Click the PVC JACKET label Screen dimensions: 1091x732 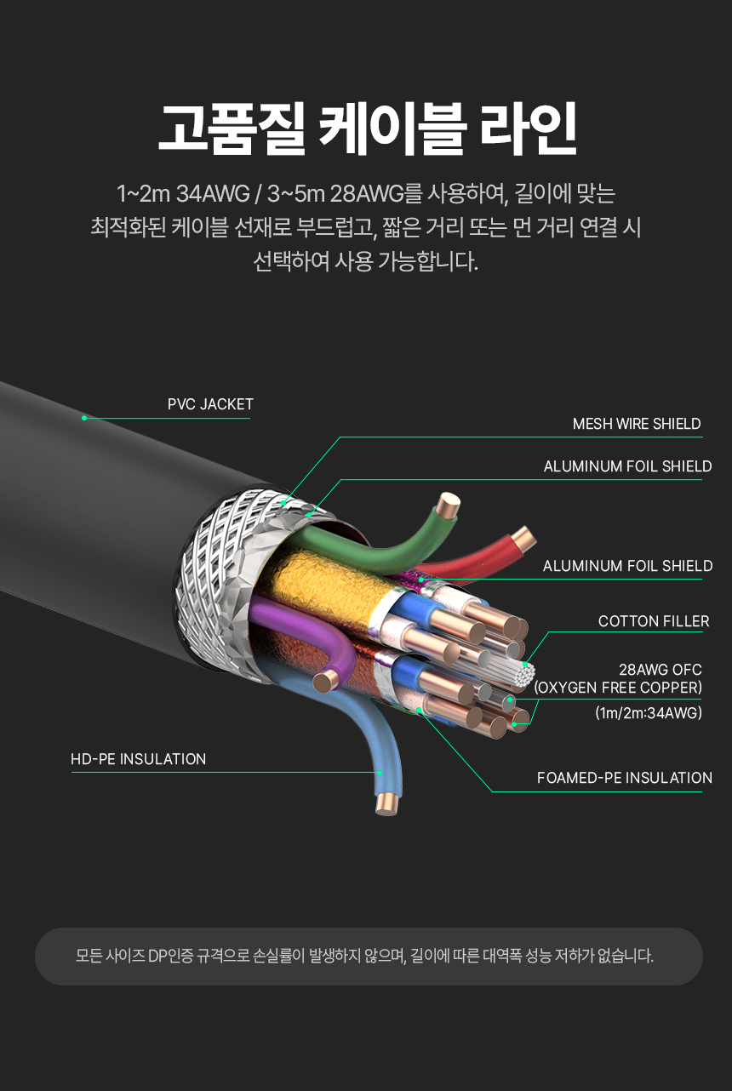click(x=210, y=404)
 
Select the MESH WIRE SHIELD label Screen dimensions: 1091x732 click(x=637, y=424)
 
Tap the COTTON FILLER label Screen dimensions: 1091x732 click(x=653, y=621)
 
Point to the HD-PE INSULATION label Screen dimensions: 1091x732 click(x=138, y=759)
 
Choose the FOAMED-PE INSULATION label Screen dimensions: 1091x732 click(x=624, y=778)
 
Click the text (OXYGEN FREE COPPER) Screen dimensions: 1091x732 click(x=618, y=688)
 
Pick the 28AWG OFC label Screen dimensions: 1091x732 click(x=660, y=670)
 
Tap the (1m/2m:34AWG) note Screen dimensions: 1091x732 click(x=649, y=713)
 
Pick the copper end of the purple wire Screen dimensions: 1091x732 click(x=324, y=680)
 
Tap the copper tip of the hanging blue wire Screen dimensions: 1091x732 click(x=386, y=802)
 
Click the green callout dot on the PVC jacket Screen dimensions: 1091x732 click(x=83, y=418)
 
